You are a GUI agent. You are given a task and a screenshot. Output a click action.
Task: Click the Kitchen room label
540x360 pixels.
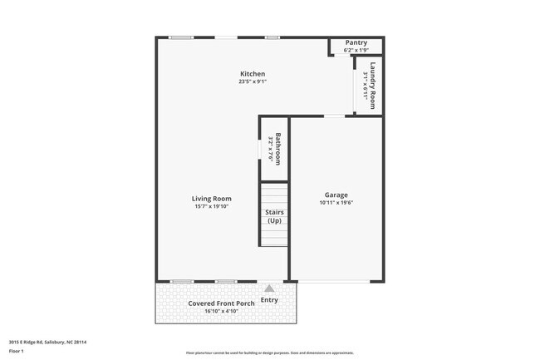point(253,74)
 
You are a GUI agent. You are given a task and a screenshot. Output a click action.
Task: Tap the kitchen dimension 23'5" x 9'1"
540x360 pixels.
point(253,81)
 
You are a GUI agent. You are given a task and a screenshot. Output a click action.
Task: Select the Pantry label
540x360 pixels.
point(356,42)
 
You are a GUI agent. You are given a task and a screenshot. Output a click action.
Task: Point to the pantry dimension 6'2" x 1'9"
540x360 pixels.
point(356,50)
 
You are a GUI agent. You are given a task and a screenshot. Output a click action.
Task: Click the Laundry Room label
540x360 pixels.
point(374,86)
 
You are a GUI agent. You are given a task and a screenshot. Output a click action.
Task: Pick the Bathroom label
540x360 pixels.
point(279,149)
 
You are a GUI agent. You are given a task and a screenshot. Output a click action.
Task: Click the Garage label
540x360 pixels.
point(336,195)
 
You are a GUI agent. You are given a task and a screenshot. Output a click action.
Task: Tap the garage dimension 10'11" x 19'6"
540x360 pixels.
point(336,203)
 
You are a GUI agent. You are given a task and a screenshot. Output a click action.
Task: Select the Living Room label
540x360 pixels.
point(211,199)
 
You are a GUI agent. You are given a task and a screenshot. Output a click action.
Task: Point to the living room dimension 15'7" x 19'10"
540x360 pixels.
point(211,206)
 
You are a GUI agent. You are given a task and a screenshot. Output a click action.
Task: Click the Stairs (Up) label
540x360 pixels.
point(274,217)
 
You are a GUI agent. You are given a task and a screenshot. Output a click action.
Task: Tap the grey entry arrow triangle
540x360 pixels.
point(269,288)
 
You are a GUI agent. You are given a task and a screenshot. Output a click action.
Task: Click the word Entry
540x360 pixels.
point(269,300)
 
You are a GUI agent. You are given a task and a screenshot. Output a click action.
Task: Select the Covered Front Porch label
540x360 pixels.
point(221,303)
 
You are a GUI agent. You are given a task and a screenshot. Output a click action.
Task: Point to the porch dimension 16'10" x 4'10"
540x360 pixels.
point(221,311)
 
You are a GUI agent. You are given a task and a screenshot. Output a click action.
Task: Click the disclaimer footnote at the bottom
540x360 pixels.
point(269,353)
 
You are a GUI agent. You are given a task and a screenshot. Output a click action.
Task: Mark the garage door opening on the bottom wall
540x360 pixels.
point(336,280)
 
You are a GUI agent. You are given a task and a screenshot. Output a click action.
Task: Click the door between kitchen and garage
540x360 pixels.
point(335,116)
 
